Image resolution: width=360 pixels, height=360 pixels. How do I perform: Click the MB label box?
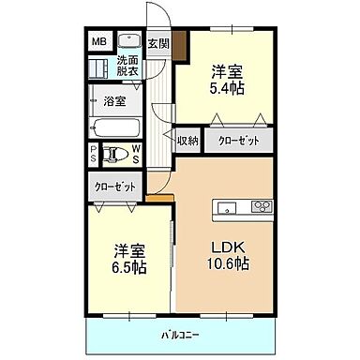(98, 41)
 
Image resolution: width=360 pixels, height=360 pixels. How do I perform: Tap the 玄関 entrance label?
(157, 43)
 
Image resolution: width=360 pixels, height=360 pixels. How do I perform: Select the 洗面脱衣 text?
(127, 65)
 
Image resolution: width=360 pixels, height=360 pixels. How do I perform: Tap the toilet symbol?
(117, 154)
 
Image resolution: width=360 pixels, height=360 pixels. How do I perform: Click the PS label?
(94, 154)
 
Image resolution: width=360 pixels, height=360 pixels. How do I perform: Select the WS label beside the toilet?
(136, 154)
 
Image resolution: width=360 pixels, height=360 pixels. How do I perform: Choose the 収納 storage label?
(187, 141)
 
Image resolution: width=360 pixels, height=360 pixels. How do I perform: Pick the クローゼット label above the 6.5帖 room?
(114, 187)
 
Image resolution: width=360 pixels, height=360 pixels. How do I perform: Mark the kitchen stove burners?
(261, 208)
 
